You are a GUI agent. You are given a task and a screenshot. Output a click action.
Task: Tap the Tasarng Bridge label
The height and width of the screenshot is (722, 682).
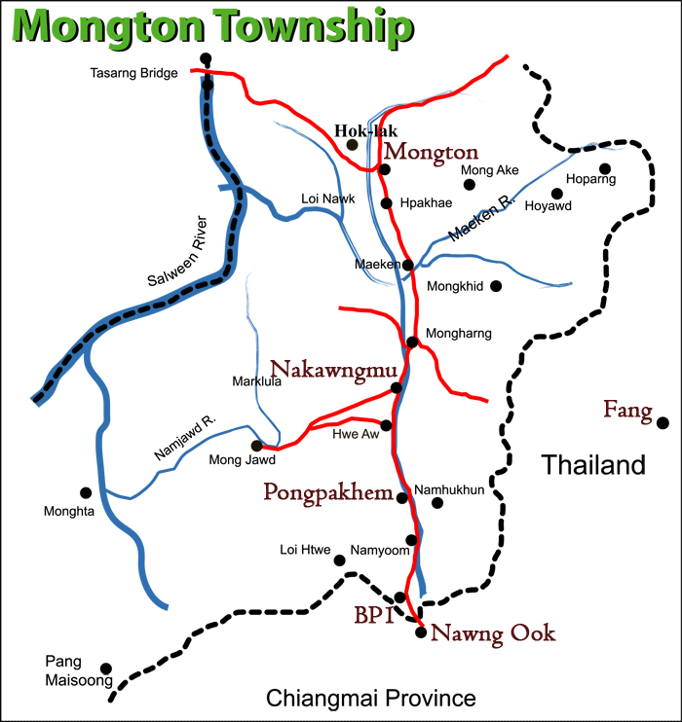133,73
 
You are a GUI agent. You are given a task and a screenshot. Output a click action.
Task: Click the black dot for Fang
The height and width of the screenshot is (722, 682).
663,423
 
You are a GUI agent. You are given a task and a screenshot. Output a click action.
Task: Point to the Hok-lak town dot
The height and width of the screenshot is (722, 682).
353,144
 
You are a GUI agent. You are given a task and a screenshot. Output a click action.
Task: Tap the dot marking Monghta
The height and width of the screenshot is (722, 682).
86,492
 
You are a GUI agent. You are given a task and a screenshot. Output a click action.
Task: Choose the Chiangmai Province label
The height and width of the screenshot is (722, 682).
370,698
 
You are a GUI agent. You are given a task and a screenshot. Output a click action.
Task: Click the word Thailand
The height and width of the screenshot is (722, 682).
593,465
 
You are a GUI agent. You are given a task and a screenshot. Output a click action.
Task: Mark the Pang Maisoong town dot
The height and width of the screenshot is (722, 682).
106,668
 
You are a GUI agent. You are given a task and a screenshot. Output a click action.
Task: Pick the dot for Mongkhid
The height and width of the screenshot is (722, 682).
496,286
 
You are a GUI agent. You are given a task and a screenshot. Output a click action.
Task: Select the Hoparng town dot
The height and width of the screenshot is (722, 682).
605,167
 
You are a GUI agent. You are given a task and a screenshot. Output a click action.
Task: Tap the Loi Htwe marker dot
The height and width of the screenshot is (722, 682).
340,560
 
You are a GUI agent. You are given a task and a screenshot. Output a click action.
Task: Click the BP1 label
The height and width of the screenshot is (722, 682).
372,615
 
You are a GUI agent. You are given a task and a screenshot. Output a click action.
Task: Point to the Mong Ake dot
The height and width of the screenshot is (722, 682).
469,184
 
